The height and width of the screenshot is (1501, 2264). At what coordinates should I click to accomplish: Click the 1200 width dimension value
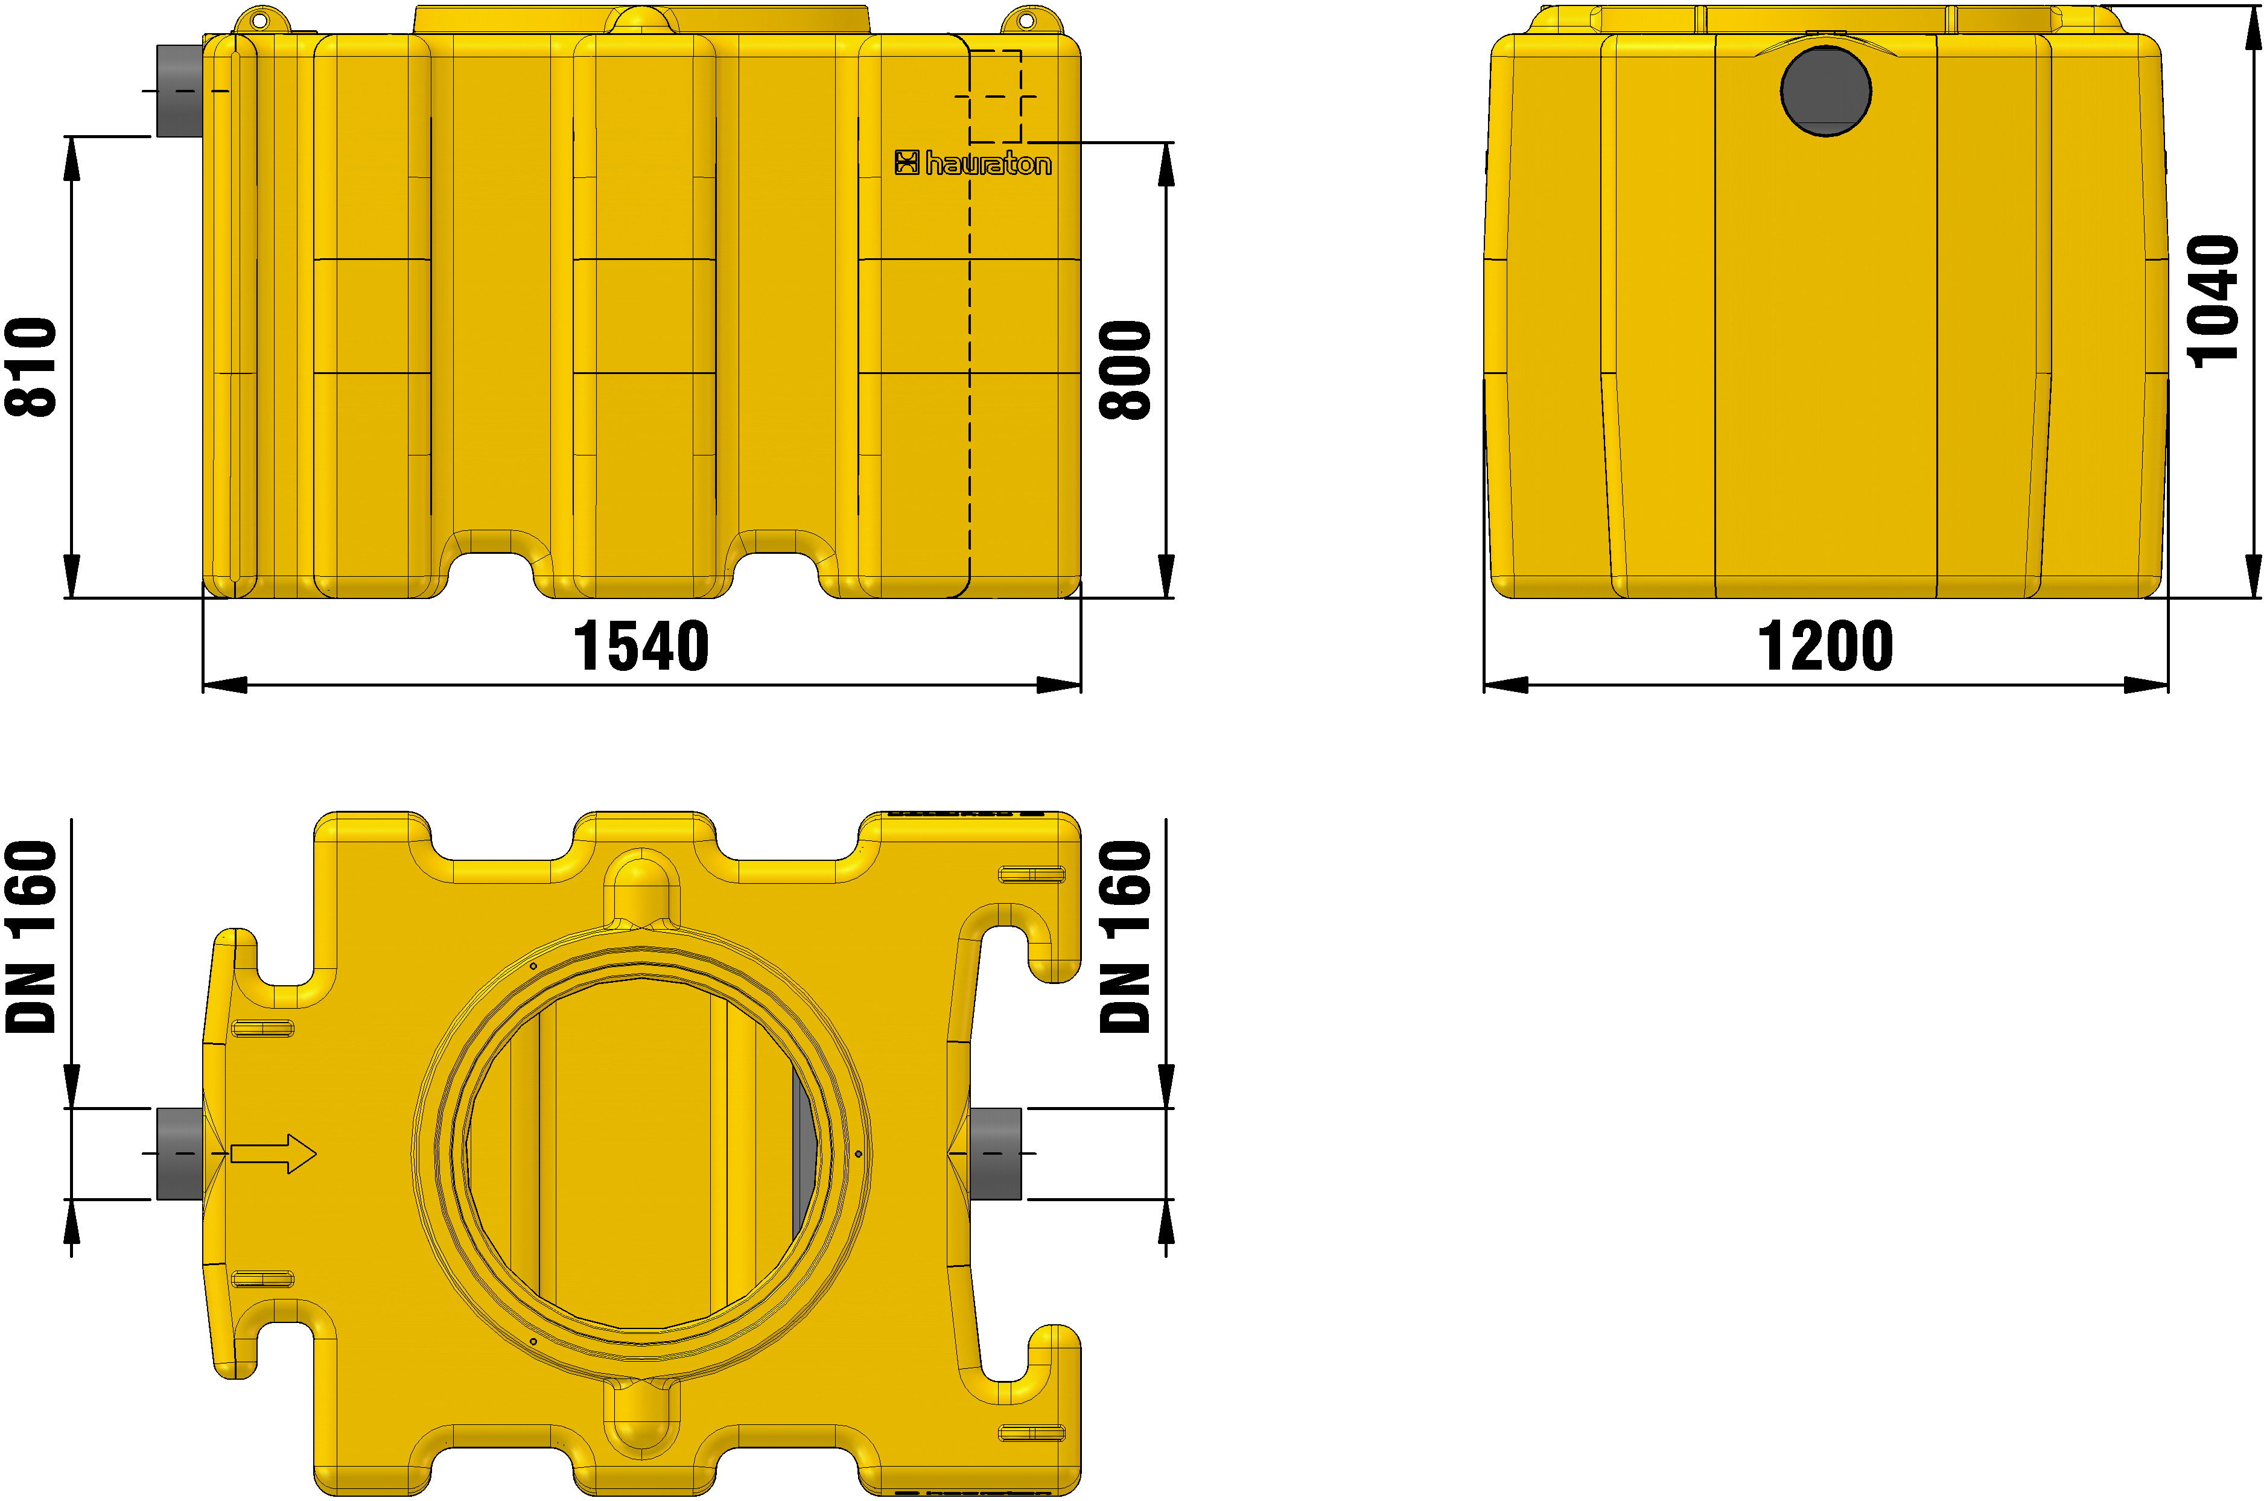point(1825,646)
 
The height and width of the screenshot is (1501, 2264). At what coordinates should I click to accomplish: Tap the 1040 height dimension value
point(2215,302)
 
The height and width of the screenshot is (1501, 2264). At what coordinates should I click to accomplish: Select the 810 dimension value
point(31,367)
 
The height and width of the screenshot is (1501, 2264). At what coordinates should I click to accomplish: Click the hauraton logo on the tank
point(973,163)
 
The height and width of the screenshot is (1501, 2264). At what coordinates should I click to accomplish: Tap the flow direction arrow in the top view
point(273,1154)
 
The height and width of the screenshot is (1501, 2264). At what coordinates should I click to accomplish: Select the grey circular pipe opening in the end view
point(1825,92)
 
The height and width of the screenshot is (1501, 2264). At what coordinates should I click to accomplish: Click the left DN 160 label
point(31,937)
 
